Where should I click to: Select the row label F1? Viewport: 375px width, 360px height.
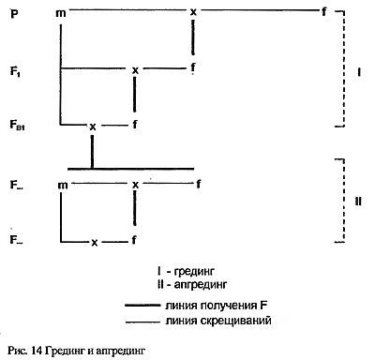pos(17,70)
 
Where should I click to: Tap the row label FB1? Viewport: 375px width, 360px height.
pos(19,124)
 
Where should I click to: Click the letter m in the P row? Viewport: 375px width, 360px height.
pos(61,11)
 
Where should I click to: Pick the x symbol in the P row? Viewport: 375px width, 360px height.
pos(193,11)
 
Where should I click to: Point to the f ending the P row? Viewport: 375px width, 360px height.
pos(324,11)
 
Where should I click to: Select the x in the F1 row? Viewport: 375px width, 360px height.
pos(136,68)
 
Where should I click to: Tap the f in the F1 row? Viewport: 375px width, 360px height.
pos(192,68)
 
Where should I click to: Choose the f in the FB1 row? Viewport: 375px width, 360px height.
pos(136,123)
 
